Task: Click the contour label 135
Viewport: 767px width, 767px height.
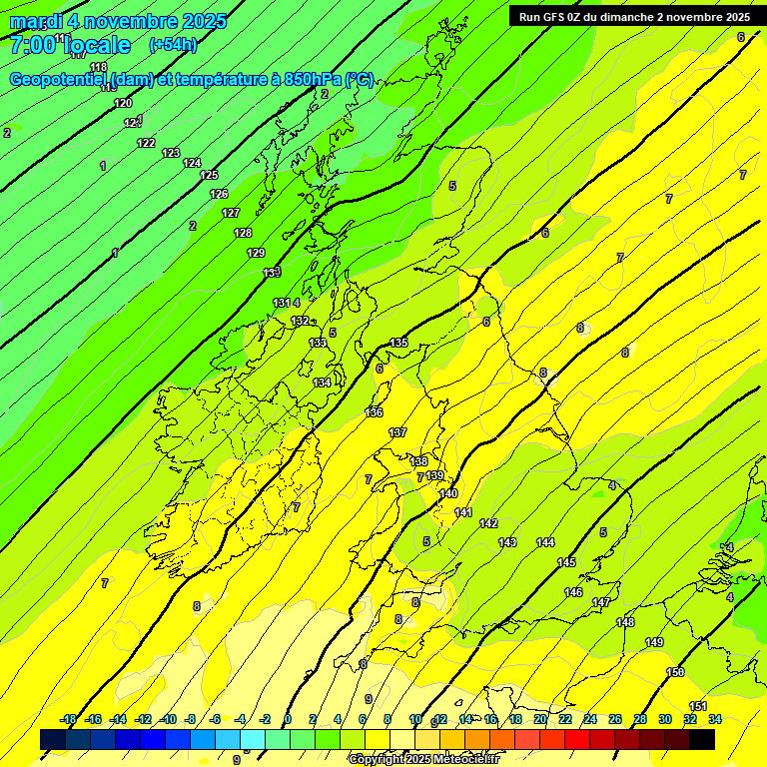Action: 398,343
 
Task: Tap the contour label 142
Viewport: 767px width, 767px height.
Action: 488,523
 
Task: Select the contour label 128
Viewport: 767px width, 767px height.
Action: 243,233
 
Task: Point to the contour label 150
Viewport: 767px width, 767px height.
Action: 675,672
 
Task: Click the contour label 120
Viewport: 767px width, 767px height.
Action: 123,103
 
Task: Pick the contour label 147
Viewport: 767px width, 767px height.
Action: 601,602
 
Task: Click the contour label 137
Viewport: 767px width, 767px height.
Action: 397,432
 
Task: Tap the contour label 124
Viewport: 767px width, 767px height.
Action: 192,163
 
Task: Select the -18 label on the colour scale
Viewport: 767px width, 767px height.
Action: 68,719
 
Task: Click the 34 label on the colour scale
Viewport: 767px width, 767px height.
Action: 715,719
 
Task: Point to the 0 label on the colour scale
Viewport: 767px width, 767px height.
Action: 288,719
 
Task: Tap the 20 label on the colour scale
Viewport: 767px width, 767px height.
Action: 540,719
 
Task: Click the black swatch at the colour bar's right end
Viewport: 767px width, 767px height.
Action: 702,739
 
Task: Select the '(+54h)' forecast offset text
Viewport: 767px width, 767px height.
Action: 173,44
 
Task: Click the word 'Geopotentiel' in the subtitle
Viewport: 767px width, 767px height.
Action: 59,80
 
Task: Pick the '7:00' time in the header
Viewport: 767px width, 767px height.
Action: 33,45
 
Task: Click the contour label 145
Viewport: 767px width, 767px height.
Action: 566,562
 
